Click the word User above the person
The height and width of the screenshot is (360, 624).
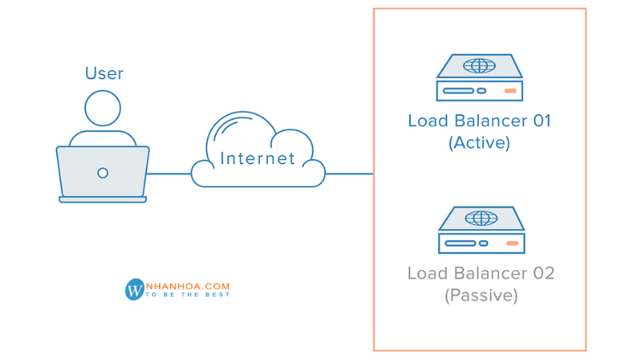tap(104, 73)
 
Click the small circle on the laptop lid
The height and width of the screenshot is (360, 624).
tap(102, 173)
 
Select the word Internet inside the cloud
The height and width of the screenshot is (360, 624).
tap(258, 159)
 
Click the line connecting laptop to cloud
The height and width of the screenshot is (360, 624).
tap(169, 173)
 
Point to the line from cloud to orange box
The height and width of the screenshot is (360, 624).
tap(349, 173)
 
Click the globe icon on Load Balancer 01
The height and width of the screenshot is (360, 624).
tap(479, 66)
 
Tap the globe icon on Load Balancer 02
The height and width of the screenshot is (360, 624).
tap(481, 217)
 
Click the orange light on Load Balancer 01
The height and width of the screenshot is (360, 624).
tap(510, 91)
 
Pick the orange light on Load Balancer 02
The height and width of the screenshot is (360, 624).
tap(512, 244)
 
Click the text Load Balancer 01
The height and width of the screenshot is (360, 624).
tap(480, 121)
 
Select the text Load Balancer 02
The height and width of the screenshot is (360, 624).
tap(481, 273)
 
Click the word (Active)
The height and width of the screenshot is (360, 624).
tap(480, 144)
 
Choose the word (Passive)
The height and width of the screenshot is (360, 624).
tap(481, 296)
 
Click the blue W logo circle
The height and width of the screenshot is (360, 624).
tap(135, 290)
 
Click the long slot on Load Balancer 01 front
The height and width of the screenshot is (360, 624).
tap(458, 91)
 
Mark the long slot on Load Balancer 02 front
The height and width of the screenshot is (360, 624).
tap(460, 244)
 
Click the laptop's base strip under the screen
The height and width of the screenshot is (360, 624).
tap(102, 200)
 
